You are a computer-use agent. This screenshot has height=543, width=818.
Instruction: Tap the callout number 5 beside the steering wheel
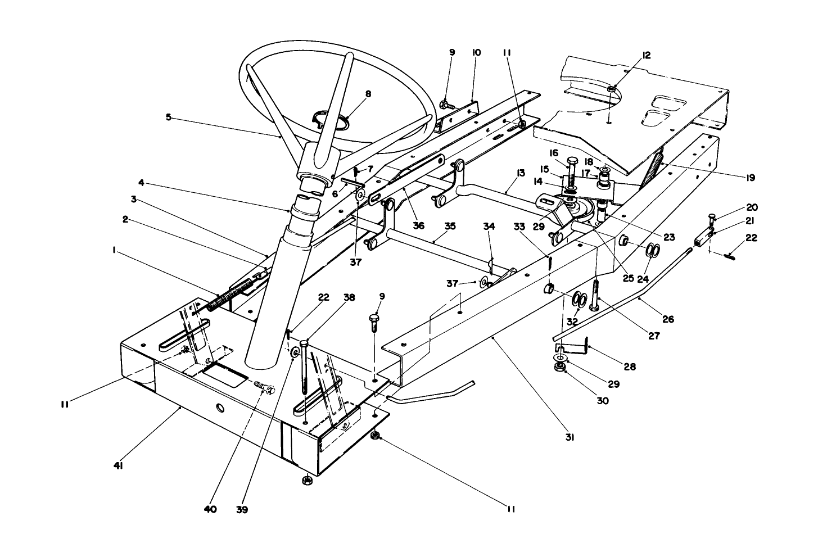click(168, 117)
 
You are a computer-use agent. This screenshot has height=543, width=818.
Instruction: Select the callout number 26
click(667, 319)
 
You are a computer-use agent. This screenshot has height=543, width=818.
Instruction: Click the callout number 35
click(449, 226)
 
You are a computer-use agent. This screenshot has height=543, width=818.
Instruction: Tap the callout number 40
click(210, 510)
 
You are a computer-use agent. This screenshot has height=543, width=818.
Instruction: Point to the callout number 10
click(476, 52)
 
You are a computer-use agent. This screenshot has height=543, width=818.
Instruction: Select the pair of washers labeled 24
click(651, 250)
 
